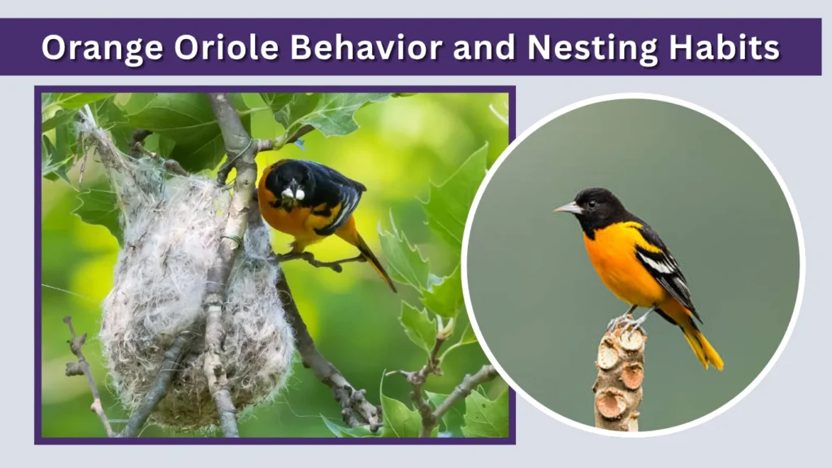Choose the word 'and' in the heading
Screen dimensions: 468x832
pos(485,48)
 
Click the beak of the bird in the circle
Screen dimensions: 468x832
pos(565,209)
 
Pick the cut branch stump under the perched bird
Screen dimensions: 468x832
pos(619,374)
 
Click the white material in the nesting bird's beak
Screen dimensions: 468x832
pos(293,194)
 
